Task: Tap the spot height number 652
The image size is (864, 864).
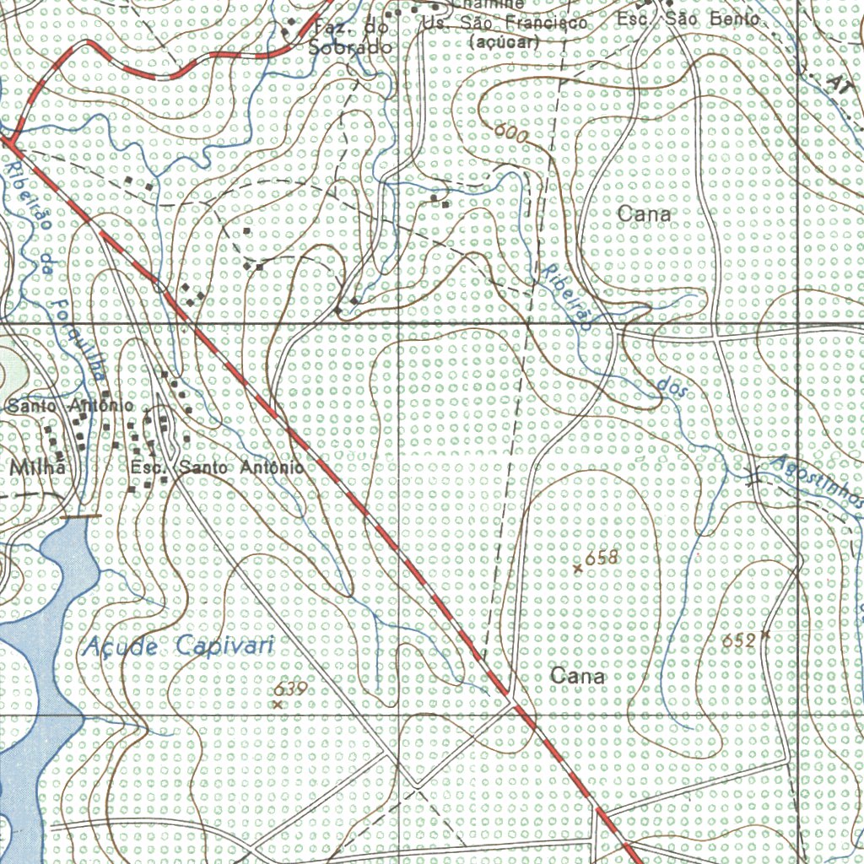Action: tap(739, 641)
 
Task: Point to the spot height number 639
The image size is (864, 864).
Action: tap(289, 689)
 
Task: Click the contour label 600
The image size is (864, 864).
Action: tap(510, 132)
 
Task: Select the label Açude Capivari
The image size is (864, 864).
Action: tap(180, 647)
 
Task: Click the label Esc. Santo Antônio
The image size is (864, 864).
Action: tap(217, 467)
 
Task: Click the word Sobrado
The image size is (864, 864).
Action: tap(350, 47)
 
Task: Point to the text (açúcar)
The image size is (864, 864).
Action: tap(504, 40)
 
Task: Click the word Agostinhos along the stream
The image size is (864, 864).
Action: tap(817, 484)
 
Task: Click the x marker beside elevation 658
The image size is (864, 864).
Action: tap(578, 569)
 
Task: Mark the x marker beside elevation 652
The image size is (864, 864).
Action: tap(765, 633)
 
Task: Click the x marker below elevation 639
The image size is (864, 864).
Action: tap(278, 704)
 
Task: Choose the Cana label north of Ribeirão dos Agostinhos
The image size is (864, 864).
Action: tap(644, 214)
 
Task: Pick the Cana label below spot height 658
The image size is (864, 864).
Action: tap(577, 676)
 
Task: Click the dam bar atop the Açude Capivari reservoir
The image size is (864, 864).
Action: tap(81, 515)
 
